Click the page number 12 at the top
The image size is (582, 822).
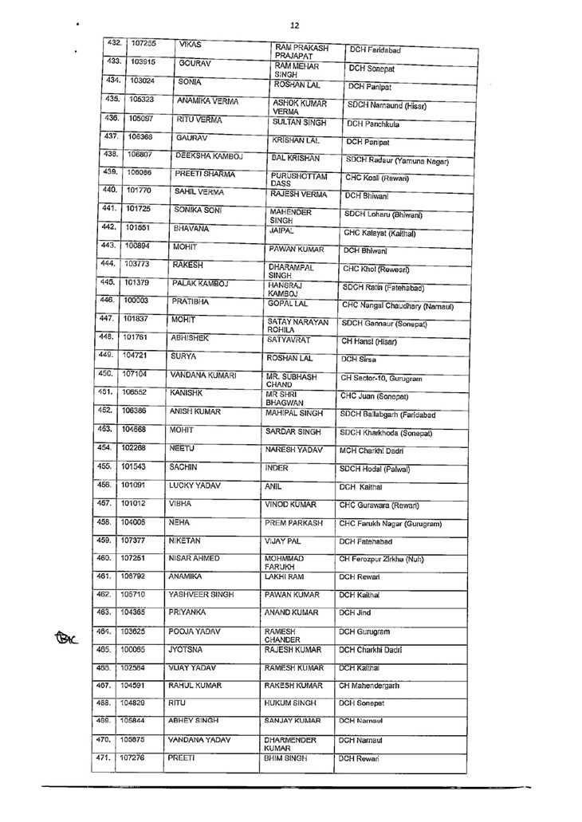[x=294, y=25]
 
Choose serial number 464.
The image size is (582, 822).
[x=102, y=653]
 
